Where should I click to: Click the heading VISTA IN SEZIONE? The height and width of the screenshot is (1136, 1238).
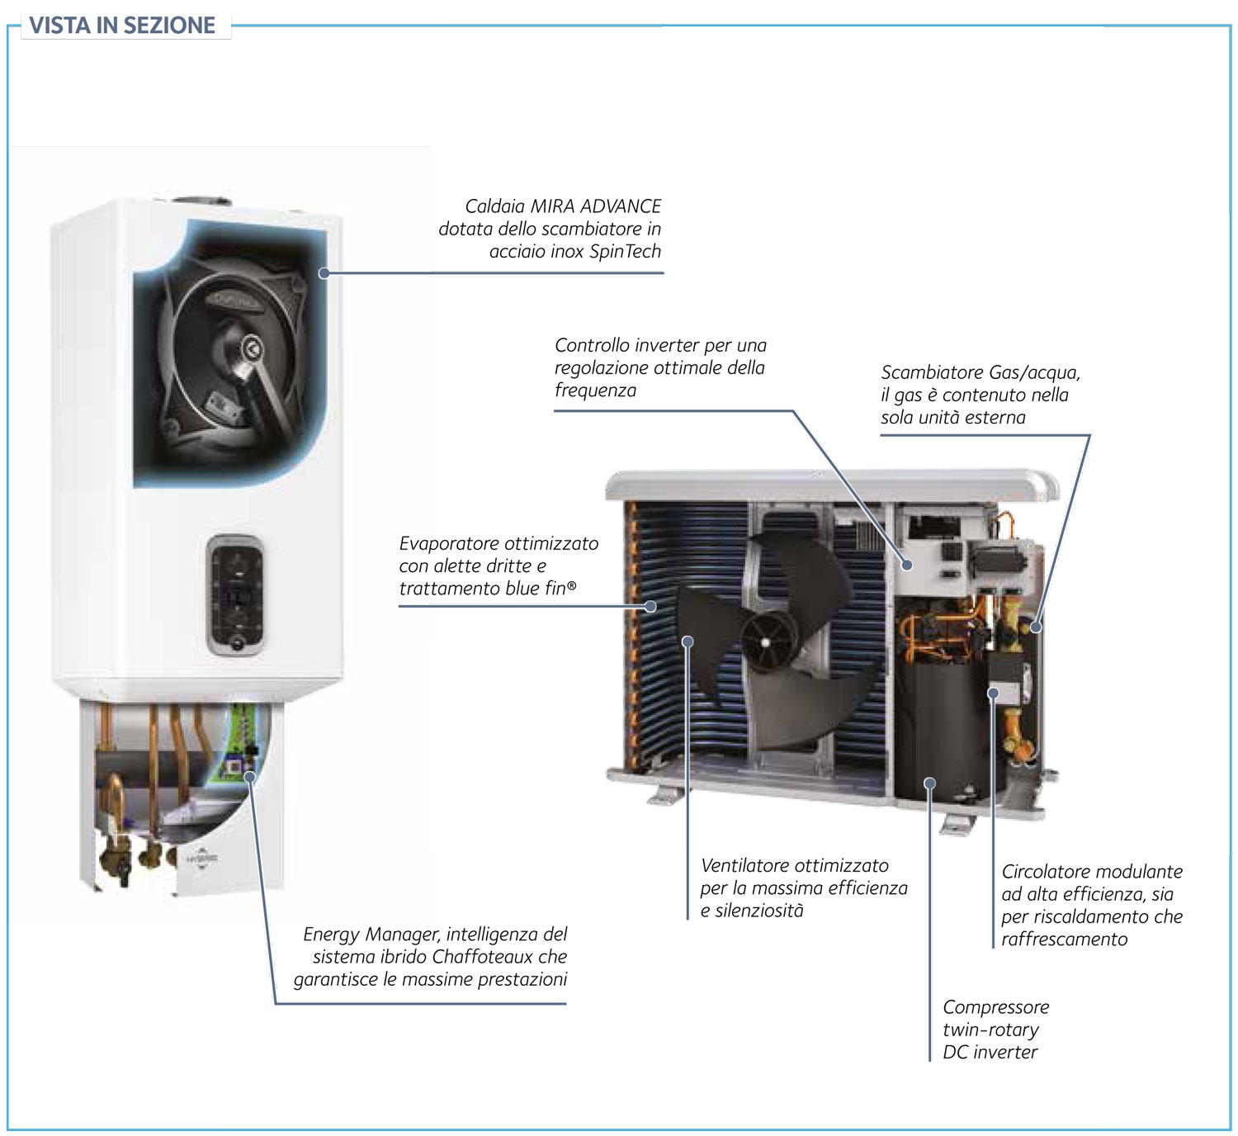point(122,25)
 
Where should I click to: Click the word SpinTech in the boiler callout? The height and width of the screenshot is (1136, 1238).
point(625,251)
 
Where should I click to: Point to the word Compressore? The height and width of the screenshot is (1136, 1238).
point(995,1007)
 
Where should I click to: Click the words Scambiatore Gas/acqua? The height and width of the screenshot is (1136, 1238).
point(980,372)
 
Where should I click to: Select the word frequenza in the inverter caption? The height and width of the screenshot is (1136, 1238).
point(595,390)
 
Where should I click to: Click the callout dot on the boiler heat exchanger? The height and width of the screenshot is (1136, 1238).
point(324,272)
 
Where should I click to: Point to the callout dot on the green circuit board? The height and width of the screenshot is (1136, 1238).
point(249,776)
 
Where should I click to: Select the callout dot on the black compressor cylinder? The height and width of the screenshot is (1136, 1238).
point(929,783)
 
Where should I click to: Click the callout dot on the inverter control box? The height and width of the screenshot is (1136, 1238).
point(907,566)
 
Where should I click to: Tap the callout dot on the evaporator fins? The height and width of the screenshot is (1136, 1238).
point(650,606)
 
